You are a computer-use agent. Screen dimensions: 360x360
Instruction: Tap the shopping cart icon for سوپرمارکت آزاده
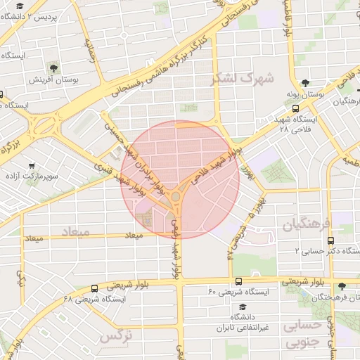(32, 166)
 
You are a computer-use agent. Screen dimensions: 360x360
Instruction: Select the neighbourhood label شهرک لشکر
(240, 79)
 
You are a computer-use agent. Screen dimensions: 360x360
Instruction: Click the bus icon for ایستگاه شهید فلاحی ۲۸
(295, 109)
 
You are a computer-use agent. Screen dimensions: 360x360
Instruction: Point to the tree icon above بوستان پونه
(304, 83)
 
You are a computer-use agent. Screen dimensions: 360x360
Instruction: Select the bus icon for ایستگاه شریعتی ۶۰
(238, 281)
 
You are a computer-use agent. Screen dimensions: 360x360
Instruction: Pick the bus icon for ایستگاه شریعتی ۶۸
(95, 288)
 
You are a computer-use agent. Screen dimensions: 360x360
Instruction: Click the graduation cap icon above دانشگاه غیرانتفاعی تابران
(243, 307)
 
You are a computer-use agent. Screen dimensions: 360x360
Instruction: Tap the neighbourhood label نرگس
(116, 336)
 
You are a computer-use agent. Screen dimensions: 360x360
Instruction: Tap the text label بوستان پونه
(304, 94)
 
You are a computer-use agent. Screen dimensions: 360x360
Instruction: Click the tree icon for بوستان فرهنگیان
(342, 286)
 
